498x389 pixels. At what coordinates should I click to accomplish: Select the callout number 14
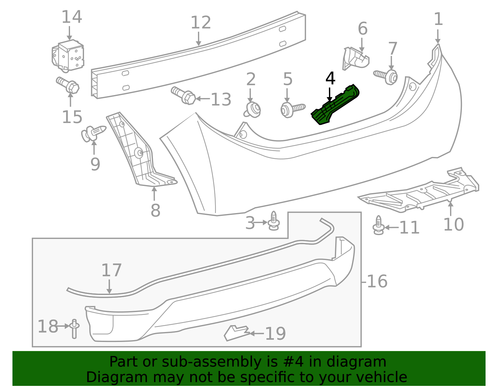pyautogui.click(x=72, y=17)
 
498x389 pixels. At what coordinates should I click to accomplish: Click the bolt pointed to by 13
pyautogui.click(x=184, y=96)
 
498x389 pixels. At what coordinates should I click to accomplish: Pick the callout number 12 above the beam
pyautogui.click(x=201, y=23)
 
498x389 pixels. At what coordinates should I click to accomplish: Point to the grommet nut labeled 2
pyautogui.click(x=253, y=110)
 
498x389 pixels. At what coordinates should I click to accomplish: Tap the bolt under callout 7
pyautogui.click(x=388, y=76)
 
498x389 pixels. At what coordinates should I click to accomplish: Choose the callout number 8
pyautogui.click(x=155, y=211)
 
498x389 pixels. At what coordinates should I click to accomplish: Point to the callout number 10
pyautogui.click(x=453, y=225)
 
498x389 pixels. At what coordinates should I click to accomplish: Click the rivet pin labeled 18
pyautogui.click(x=74, y=328)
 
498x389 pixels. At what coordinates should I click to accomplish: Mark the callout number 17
pyautogui.click(x=111, y=270)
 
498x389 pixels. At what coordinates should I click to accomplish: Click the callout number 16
pyautogui.click(x=377, y=282)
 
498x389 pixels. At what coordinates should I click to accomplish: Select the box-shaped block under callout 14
pyautogui.click(x=68, y=55)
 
